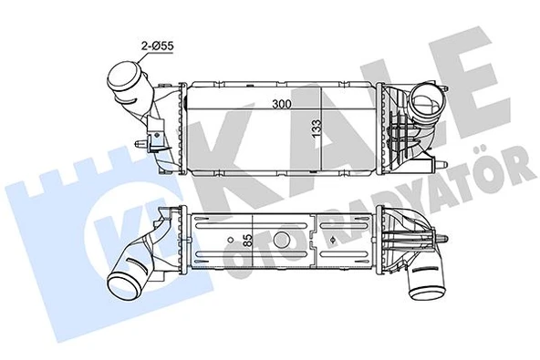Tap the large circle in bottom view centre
point(282,240)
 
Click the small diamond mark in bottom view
point(337,240)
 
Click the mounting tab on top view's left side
point(144,144)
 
